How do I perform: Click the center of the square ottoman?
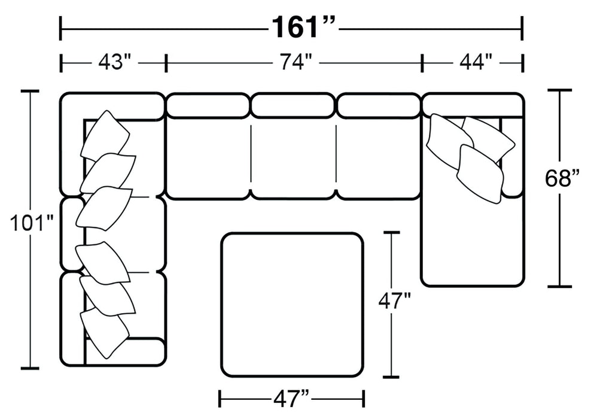[292, 305]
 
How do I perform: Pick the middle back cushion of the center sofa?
[293, 106]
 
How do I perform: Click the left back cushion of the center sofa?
[208, 106]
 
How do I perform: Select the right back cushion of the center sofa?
[379, 106]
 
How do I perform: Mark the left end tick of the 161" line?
[60, 28]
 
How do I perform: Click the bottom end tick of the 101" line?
[30, 368]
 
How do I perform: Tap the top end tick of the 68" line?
[560, 90]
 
